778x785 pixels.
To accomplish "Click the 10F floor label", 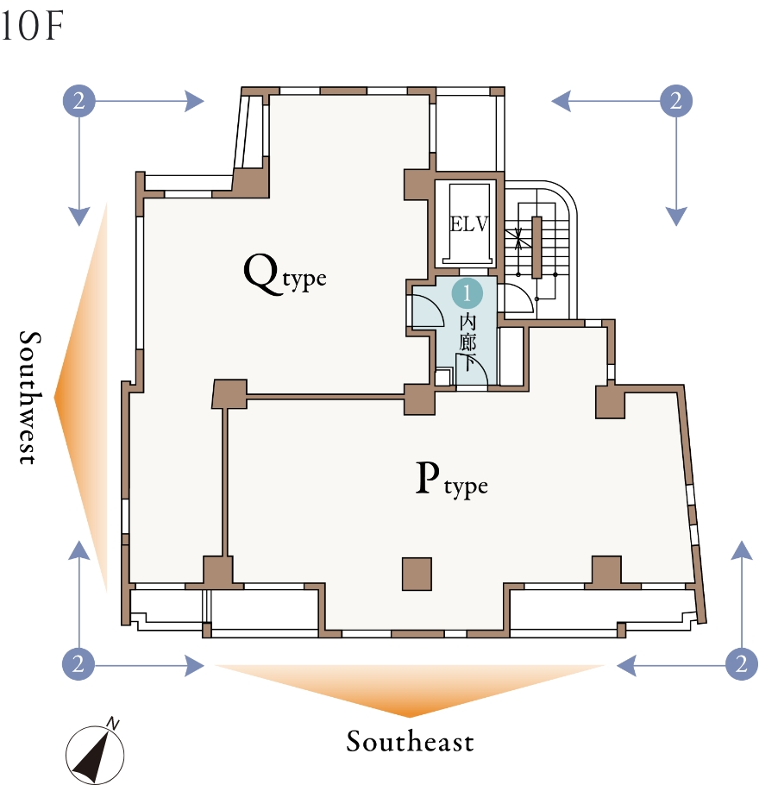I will coord(33,28).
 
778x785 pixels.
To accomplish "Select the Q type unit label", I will coord(285,275).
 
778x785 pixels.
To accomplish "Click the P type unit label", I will coord(451,481).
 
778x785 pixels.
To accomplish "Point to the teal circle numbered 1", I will coord(467,293).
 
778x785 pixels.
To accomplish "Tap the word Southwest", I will coord(28,397).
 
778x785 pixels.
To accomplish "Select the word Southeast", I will coord(410,741).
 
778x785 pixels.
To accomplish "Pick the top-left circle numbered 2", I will coord(79,102).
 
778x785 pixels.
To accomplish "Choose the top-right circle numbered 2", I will coord(676,102).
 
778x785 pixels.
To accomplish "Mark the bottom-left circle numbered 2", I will coord(79,664).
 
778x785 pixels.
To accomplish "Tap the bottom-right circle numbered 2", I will coord(741,664).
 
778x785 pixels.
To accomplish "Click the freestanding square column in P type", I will coord(417,574).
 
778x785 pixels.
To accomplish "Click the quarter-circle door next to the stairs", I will coord(516,300).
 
